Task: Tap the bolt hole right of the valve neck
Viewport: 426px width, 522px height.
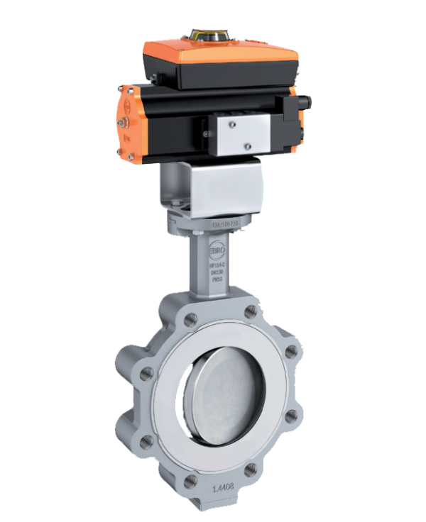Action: click(250, 313)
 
